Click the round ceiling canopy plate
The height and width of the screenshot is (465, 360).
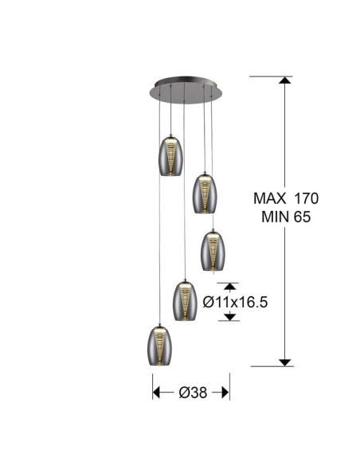186,90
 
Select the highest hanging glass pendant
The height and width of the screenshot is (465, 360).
170,156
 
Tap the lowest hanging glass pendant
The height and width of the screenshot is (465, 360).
159,346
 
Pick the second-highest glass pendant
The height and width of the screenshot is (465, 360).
205,193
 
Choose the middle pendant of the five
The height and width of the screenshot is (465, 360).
213,251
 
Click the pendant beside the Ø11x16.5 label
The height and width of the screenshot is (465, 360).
185,301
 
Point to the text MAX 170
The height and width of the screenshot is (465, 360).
286,198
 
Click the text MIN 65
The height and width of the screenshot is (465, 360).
286,217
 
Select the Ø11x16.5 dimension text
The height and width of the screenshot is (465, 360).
235,303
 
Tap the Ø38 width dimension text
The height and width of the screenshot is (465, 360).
193,393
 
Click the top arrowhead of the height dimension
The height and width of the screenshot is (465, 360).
284,80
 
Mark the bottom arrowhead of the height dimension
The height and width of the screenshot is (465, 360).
284,362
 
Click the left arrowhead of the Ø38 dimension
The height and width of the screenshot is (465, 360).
156,393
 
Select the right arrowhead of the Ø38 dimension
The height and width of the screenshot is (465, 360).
225,393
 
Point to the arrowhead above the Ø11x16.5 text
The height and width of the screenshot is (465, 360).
230,287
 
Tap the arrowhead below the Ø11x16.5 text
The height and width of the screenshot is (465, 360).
230,317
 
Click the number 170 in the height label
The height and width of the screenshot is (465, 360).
306,198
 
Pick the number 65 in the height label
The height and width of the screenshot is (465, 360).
302,217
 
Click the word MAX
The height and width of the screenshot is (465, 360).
269,198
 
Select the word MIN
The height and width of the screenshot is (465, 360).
275,217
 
